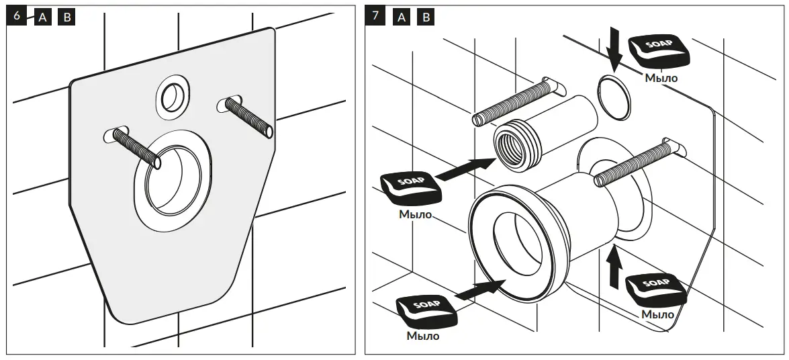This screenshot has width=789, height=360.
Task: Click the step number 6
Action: point(17,16)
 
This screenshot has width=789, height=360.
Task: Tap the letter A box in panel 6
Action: point(42,17)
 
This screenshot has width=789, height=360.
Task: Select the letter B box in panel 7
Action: point(426,17)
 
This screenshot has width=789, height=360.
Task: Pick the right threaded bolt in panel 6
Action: point(247,116)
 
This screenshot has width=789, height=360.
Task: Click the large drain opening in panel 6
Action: point(173,180)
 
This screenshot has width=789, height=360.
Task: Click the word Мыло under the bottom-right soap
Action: point(657,314)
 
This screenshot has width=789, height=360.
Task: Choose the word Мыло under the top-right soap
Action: point(661,78)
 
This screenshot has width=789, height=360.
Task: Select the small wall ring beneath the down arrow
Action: point(614,95)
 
